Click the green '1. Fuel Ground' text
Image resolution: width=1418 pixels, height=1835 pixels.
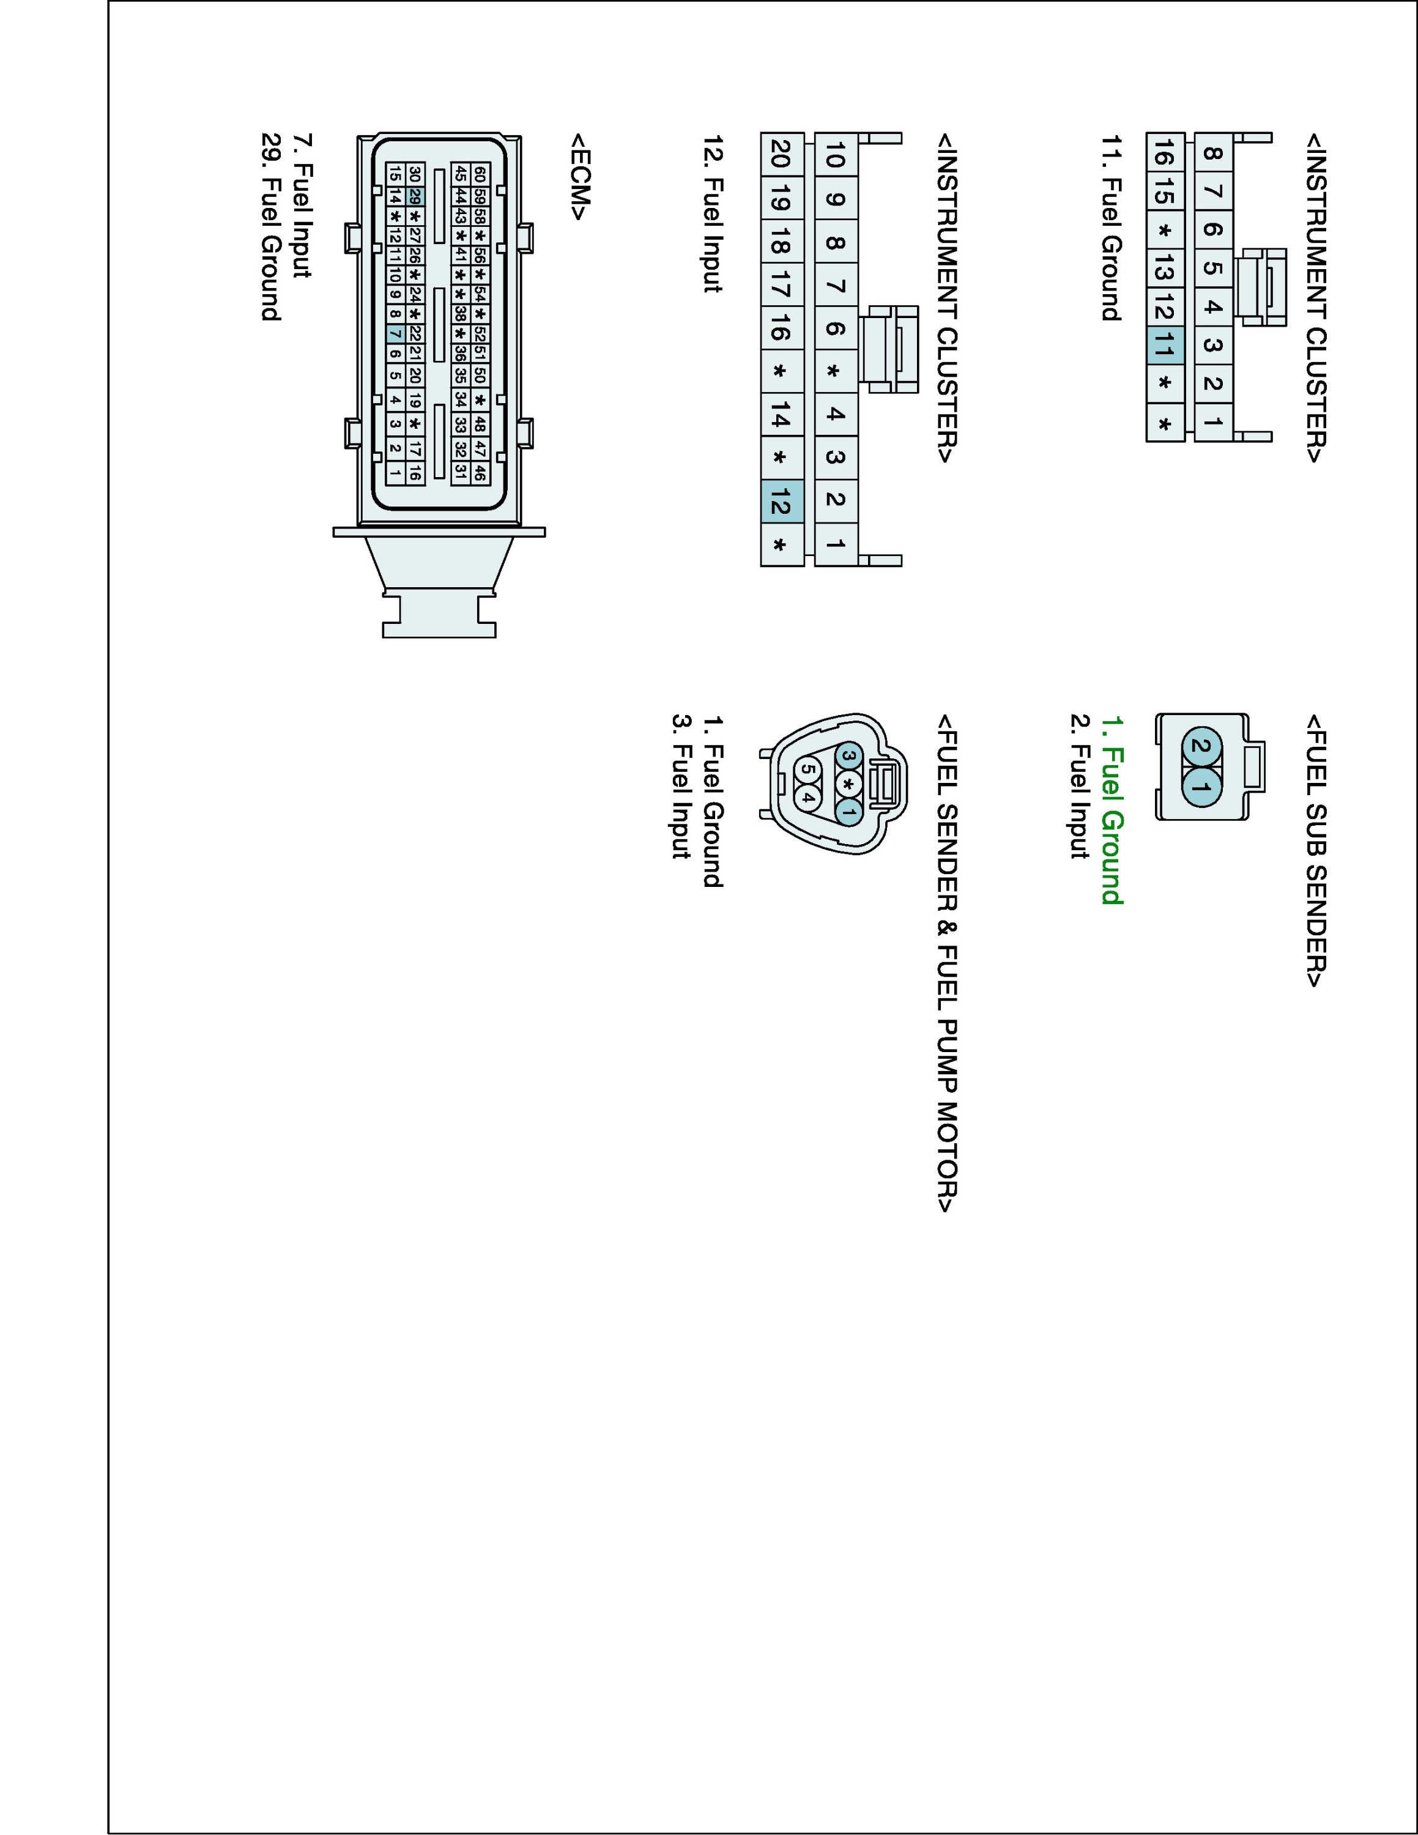pos(1112,809)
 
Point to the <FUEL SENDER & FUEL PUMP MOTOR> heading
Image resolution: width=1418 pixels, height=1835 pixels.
pos(947,963)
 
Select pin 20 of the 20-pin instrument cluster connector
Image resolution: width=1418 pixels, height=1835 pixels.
pos(781,155)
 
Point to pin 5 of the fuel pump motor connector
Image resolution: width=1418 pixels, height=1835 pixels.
pos(807,767)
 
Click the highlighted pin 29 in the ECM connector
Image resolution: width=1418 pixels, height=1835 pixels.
pos(415,196)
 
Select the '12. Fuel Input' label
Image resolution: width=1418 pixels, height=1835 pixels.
pos(712,213)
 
